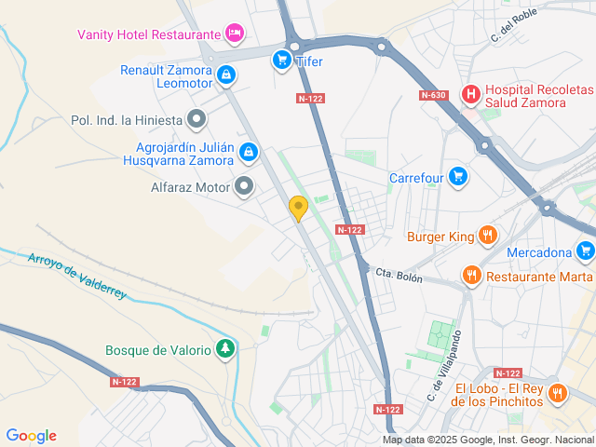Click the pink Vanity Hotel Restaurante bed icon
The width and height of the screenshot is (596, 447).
[x=235, y=34]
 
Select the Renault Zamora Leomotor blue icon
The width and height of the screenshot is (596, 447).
[x=226, y=76]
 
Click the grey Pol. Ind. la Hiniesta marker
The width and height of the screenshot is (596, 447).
[x=196, y=119]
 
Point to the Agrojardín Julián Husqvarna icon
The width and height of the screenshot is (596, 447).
[x=248, y=152]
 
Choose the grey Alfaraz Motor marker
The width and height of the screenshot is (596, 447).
[x=245, y=186]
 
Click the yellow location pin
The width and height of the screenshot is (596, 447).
[x=298, y=208]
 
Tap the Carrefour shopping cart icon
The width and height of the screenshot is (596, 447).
[x=456, y=176]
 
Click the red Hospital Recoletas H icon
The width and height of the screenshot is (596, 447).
[x=471, y=93]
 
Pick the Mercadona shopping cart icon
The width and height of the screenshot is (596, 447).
[x=585, y=251]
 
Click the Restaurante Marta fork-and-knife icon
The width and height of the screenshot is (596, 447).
[x=472, y=276]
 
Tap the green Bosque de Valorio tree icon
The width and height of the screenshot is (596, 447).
[x=224, y=349]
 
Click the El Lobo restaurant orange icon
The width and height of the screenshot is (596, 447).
[x=557, y=393]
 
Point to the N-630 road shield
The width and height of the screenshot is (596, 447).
[x=433, y=95]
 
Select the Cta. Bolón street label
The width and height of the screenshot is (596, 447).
[x=399, y=277]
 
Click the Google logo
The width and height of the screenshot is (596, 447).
[x=31, y=436]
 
